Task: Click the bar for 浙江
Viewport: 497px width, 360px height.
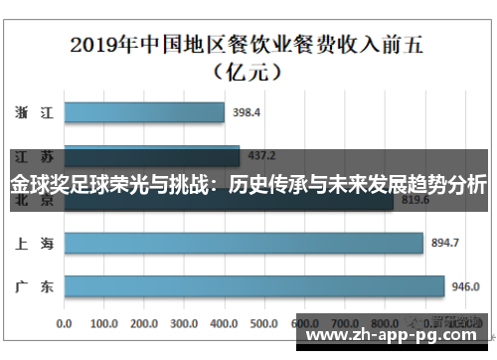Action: [144, 112]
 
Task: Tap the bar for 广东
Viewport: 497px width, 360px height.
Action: [253, 287]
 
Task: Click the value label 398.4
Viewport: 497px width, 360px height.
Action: [247, 112]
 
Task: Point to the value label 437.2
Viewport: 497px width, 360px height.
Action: [263, 156]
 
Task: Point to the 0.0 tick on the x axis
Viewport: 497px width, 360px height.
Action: [66, 324]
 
